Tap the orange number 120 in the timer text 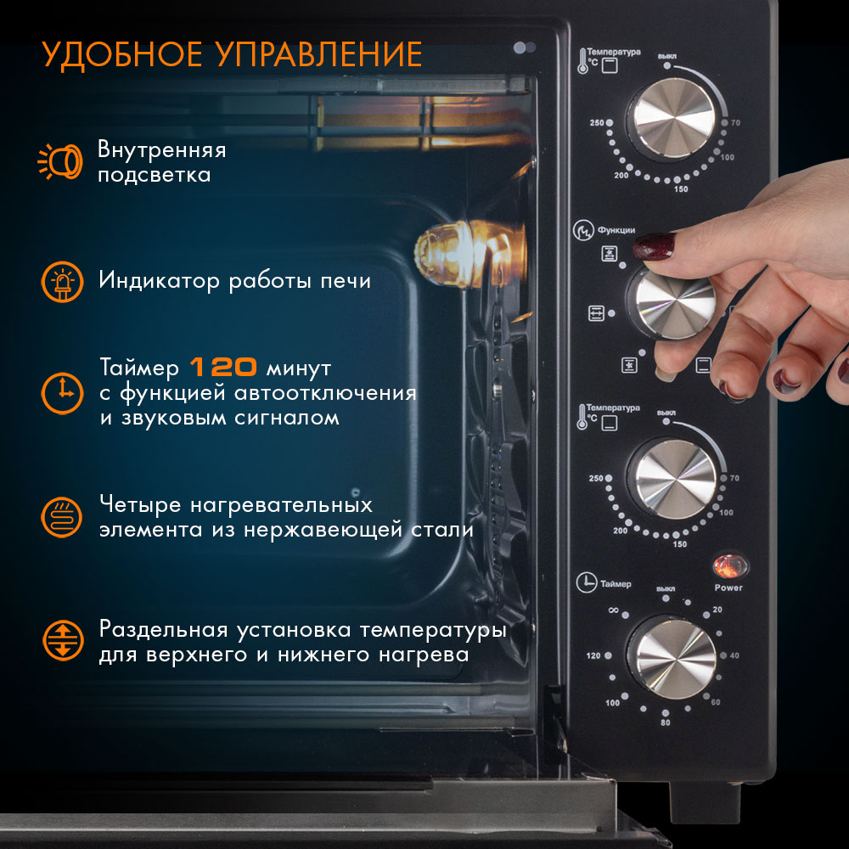223,367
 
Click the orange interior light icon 60,160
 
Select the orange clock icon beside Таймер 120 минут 62,393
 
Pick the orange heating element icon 62,517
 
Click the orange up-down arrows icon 64,640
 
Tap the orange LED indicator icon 62,282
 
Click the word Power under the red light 728,588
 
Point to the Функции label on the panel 616,230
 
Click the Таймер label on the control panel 616,584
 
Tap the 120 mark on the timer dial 593,655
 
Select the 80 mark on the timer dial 665,722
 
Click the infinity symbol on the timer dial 613,610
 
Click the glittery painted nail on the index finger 654,246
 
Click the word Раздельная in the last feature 164,630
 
